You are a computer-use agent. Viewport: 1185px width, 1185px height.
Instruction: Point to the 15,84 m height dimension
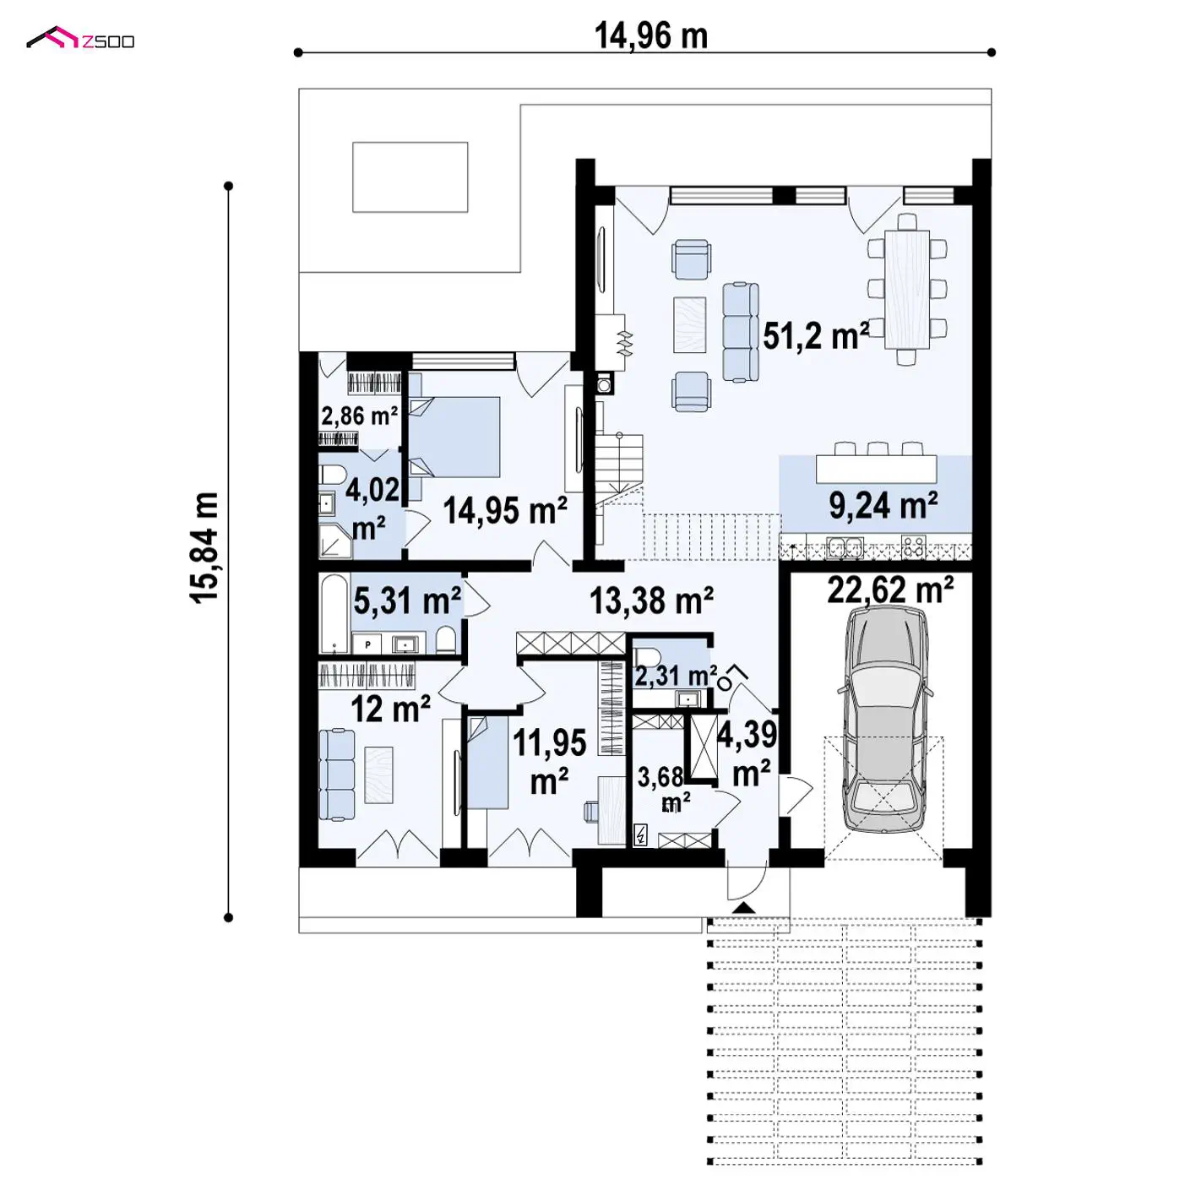tap(204, 548)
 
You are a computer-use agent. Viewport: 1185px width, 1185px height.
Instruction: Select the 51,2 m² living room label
tap(816, 336)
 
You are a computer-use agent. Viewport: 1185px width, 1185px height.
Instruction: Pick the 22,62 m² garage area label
tap(890, 589)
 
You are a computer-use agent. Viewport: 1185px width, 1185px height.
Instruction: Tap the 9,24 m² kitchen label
tap(883, 505)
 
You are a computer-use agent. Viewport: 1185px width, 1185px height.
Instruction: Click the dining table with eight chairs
tap(907, 289)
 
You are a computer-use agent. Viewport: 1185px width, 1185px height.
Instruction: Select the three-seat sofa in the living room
tap(741, 332)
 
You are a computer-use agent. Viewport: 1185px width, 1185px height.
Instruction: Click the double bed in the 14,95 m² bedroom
tap(454, 437)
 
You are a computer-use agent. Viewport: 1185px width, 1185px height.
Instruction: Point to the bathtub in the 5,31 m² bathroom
tap(334, 613)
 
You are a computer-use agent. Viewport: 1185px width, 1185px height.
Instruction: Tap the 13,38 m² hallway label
tap(651, 601)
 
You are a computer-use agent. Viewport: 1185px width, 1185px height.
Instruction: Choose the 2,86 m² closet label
tap(359, 416)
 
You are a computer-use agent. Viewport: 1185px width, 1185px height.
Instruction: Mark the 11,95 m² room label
tap(549, 761)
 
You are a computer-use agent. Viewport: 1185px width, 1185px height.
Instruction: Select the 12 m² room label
tap(390, 709)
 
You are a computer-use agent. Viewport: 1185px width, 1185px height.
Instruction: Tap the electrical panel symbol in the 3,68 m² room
tap(640, 835)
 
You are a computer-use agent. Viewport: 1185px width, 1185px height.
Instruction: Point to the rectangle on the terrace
tap(410, 177)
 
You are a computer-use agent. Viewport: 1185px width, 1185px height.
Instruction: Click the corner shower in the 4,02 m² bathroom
tap(334, 541)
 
